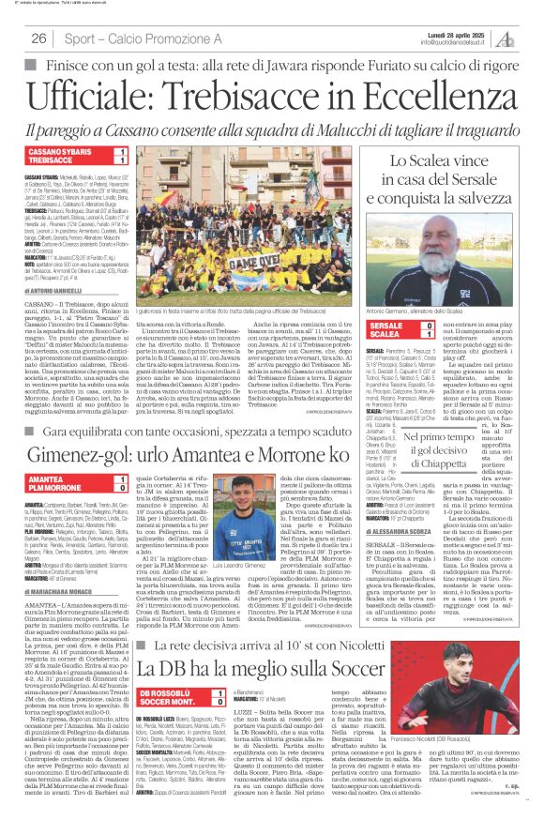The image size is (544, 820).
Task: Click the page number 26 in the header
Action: click(39, 38)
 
